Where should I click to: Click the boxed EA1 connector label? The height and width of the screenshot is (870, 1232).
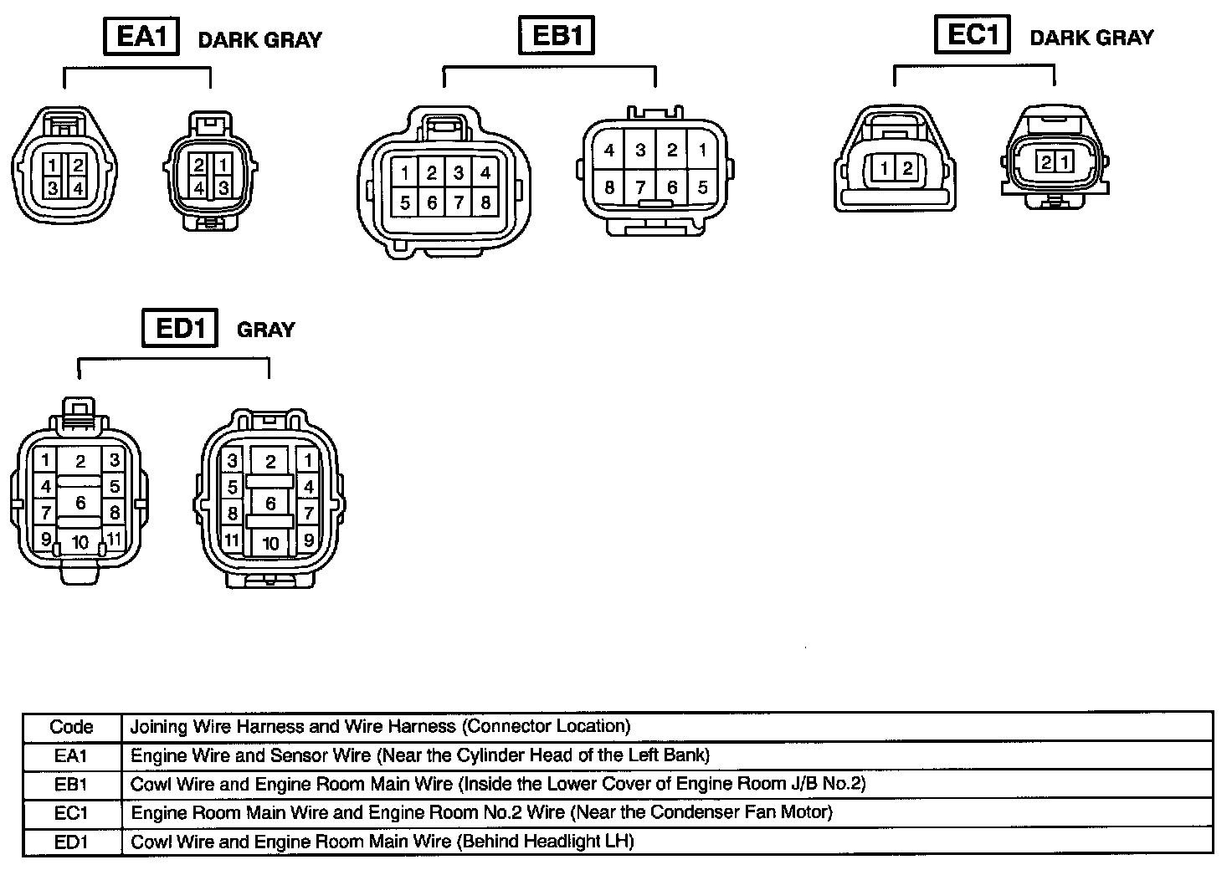tap(141, 37)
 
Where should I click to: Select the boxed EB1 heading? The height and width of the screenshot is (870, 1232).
tap(557, 37)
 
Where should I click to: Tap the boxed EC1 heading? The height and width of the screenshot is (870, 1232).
tap(972, 35)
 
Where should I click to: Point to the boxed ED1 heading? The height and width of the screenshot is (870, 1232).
tap(180, 328)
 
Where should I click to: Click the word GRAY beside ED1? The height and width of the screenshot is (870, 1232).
tap(266, 330)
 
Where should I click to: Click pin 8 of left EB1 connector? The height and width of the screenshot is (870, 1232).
tap(485, 202)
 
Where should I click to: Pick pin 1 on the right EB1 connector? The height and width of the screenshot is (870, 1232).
tap(702, 151)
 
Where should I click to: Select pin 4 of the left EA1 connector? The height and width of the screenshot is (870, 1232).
tap(77, 187)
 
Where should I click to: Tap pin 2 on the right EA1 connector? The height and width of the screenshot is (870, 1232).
tap(199, 166)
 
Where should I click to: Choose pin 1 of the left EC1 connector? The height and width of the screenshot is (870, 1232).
tap(885, 169)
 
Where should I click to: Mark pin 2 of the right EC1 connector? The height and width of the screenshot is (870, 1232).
tap(1046, 161)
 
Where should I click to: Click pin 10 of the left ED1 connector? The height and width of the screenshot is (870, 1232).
tap(80, 542)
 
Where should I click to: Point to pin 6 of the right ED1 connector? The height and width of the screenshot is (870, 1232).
tap(270, 504)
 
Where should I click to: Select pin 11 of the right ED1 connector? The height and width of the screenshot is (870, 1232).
tap(232, 540)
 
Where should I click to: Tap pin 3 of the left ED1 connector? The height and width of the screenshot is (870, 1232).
tap(115, 460)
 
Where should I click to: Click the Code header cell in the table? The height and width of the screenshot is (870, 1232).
tap(71, 726)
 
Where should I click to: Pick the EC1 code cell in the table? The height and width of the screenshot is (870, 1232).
tap(71, 812)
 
